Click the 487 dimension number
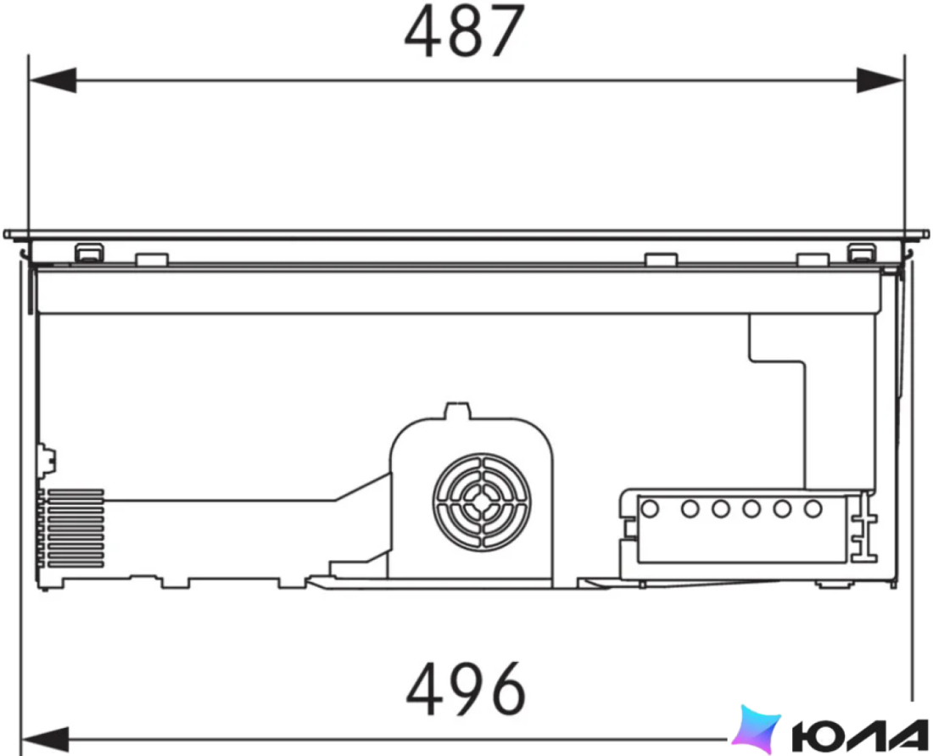pos(464,31)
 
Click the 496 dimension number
pos(466,689)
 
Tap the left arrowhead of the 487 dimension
pos(53,80)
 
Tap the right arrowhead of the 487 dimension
pos(880,80)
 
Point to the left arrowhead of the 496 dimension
pos(45,739)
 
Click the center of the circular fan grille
pos(482,501)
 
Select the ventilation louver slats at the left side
pos(75,528)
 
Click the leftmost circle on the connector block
pos(650,509)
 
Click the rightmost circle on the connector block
pos(813,509)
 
